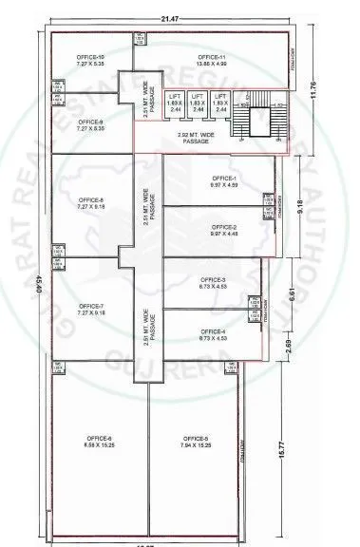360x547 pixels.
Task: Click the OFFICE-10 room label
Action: (92, 59)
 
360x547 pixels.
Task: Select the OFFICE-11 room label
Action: (212, 59)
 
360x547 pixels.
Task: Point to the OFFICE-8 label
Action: (92, 200)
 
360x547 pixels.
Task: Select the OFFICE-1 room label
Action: (224, 179)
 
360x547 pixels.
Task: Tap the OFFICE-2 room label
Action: (224, 228)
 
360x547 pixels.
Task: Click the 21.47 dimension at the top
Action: (168, 19)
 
